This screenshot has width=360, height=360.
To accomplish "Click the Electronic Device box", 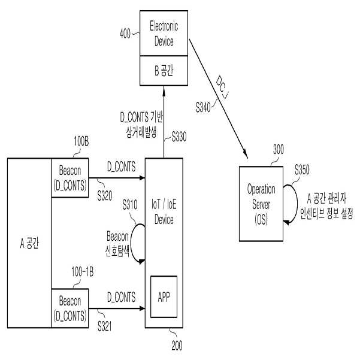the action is click(164, 33).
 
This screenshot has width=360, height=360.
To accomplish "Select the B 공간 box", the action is click(164, 71).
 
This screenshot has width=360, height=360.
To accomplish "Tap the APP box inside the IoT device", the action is click(164, 297).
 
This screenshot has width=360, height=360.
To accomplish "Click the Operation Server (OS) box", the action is click(261, 204).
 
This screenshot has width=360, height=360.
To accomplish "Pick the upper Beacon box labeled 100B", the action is click(70, 178).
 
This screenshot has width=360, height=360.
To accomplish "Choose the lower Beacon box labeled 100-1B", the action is click(70, 308).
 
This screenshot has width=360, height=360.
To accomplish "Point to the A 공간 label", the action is click(29, 243).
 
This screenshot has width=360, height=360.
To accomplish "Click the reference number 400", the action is click(125, 34).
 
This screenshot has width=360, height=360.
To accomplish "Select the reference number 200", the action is click(177, 346).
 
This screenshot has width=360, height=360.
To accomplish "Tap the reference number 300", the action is click(279, 150).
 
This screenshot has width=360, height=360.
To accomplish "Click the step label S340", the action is click(203, 107).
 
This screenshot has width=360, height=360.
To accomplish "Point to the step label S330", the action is click(179, 137).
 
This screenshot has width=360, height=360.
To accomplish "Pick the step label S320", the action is click(105, 196).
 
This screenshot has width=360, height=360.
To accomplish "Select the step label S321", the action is click(105, 326).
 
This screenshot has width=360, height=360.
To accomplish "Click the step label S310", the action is click(130, 205).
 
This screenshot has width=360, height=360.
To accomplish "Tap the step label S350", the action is click(302, 170).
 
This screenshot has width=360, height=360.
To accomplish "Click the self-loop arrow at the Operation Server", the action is click(297, 204).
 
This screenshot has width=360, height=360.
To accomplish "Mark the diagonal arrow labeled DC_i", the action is click(219, 99).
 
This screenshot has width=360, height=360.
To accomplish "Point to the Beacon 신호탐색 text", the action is click(117, 244).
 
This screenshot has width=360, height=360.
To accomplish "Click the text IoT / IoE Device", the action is click(164, 211).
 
